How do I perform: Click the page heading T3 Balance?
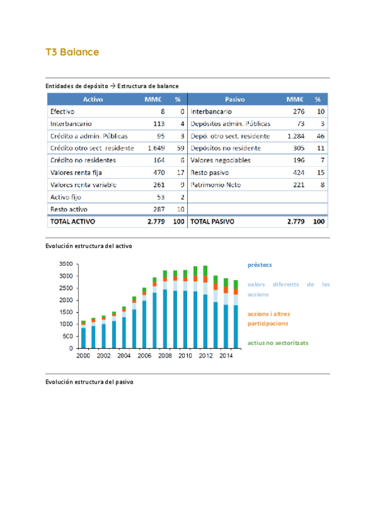(x=72, y=52)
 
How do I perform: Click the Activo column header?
(x=93, y=99)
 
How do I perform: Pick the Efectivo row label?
(x=62, y=111)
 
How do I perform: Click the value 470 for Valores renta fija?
(x=158, y=172)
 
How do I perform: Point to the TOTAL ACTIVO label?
(x=72, y=221)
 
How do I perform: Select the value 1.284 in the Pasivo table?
(x=295, y=136)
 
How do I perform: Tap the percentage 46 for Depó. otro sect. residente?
(x=320, y=136)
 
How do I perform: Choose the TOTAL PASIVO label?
(x=213, y=221)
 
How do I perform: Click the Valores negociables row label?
(x=220, y=160)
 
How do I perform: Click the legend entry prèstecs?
(x=259, y=265)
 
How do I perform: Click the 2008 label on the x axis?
(x=165, y=356)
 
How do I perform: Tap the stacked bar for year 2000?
(x=83, y=334)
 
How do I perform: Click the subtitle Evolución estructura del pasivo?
(x=89, y=381)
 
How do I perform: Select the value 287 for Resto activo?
(x=158, y=209)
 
